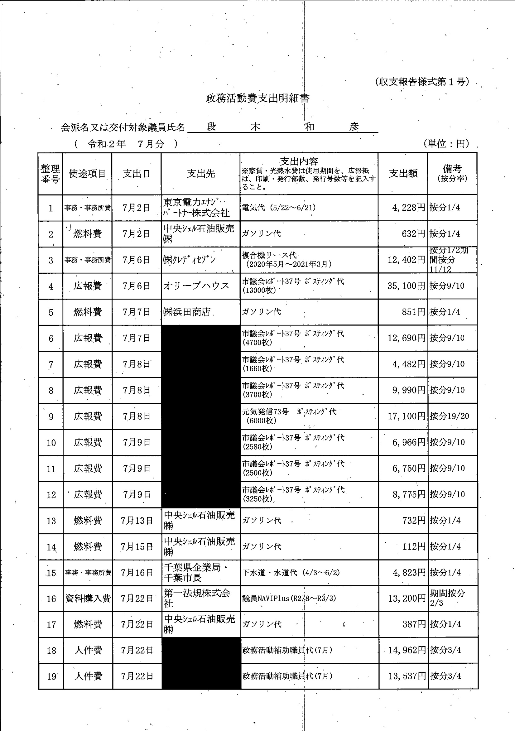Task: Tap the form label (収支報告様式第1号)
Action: (422, 82)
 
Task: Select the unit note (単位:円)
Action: (446, 144)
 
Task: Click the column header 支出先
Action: (201, 174)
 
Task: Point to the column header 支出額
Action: (403, 174)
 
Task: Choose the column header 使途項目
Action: (87, 174)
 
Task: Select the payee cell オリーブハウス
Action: (196, 286)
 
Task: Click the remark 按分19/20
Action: (449, 416)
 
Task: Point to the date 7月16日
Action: (137, 573)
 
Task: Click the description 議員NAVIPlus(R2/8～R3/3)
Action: (289, 599)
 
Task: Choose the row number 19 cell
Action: (51, 676)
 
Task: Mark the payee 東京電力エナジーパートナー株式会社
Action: (196, 208)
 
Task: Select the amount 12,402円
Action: (406, 260)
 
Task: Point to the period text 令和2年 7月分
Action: (126, 144)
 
